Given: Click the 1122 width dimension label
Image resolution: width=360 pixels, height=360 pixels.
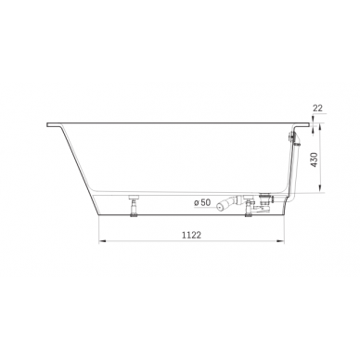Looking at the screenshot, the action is [x=191, y=235].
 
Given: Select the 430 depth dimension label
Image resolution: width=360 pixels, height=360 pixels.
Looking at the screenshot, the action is [x=315, y=160].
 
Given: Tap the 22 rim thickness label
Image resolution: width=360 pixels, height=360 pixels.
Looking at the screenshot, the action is [x=317, y=108].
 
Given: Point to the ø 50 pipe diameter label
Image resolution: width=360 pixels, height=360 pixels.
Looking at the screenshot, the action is [x=202, y=202].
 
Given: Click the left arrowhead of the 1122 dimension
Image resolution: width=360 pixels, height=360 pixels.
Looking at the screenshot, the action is [x=102, y=240].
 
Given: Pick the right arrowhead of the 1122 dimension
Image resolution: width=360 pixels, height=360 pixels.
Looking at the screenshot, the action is [x=280, y=240].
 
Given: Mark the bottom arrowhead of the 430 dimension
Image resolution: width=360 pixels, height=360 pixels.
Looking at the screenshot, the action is [x=320, y=188].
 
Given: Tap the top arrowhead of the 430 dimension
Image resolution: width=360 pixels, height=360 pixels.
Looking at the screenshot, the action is [x=320, y=127].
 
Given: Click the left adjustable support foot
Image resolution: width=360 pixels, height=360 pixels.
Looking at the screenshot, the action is [x=135, y=206].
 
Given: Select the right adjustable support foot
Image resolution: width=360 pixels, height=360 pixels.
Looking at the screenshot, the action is [x=249, y=206].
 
